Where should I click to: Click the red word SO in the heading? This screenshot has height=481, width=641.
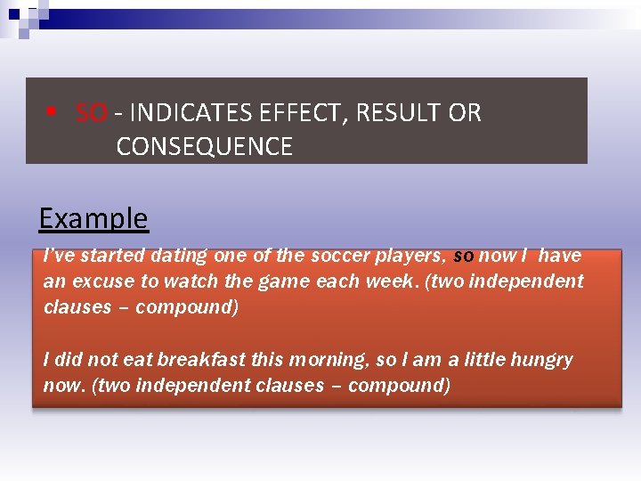(91, 113)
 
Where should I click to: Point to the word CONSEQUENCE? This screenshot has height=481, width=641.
(204, 146)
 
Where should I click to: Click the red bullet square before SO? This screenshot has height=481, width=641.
(53, 113)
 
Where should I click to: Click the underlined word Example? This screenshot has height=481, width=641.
(93, 218)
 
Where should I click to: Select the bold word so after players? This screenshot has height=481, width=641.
(463, 256)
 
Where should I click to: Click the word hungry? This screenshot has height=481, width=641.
(541, 360)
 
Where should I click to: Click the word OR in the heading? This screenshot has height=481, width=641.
(465, 113)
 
